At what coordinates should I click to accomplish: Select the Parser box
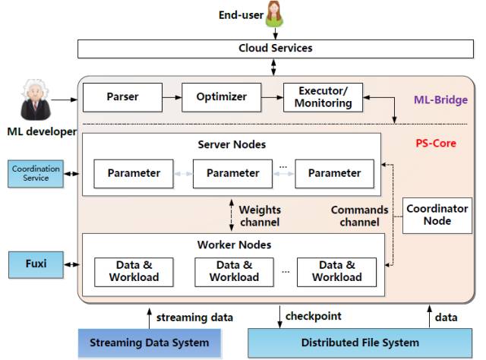(x=121, y=97)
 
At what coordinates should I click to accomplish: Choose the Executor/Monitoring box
(x=322, y=97)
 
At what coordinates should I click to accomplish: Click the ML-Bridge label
(x=440, y=99)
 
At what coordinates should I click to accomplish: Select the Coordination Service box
(x=36, y=174)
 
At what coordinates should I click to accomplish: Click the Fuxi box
(x=36, y=264)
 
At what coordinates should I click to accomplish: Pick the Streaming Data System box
(x=149, y=343)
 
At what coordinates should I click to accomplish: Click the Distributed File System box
(x=360, y=343)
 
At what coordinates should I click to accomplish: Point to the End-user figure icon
(x=274, y=14)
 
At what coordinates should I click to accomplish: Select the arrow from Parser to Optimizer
(x=172, y=97)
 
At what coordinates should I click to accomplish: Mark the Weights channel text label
(x=260, y=216)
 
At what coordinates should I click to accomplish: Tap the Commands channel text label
(x=359, y=216)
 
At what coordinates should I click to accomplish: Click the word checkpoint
(x=313, y=316)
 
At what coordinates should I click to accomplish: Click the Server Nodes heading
(x=233, y=145)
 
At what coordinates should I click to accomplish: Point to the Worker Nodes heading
(x=232, y=245)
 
